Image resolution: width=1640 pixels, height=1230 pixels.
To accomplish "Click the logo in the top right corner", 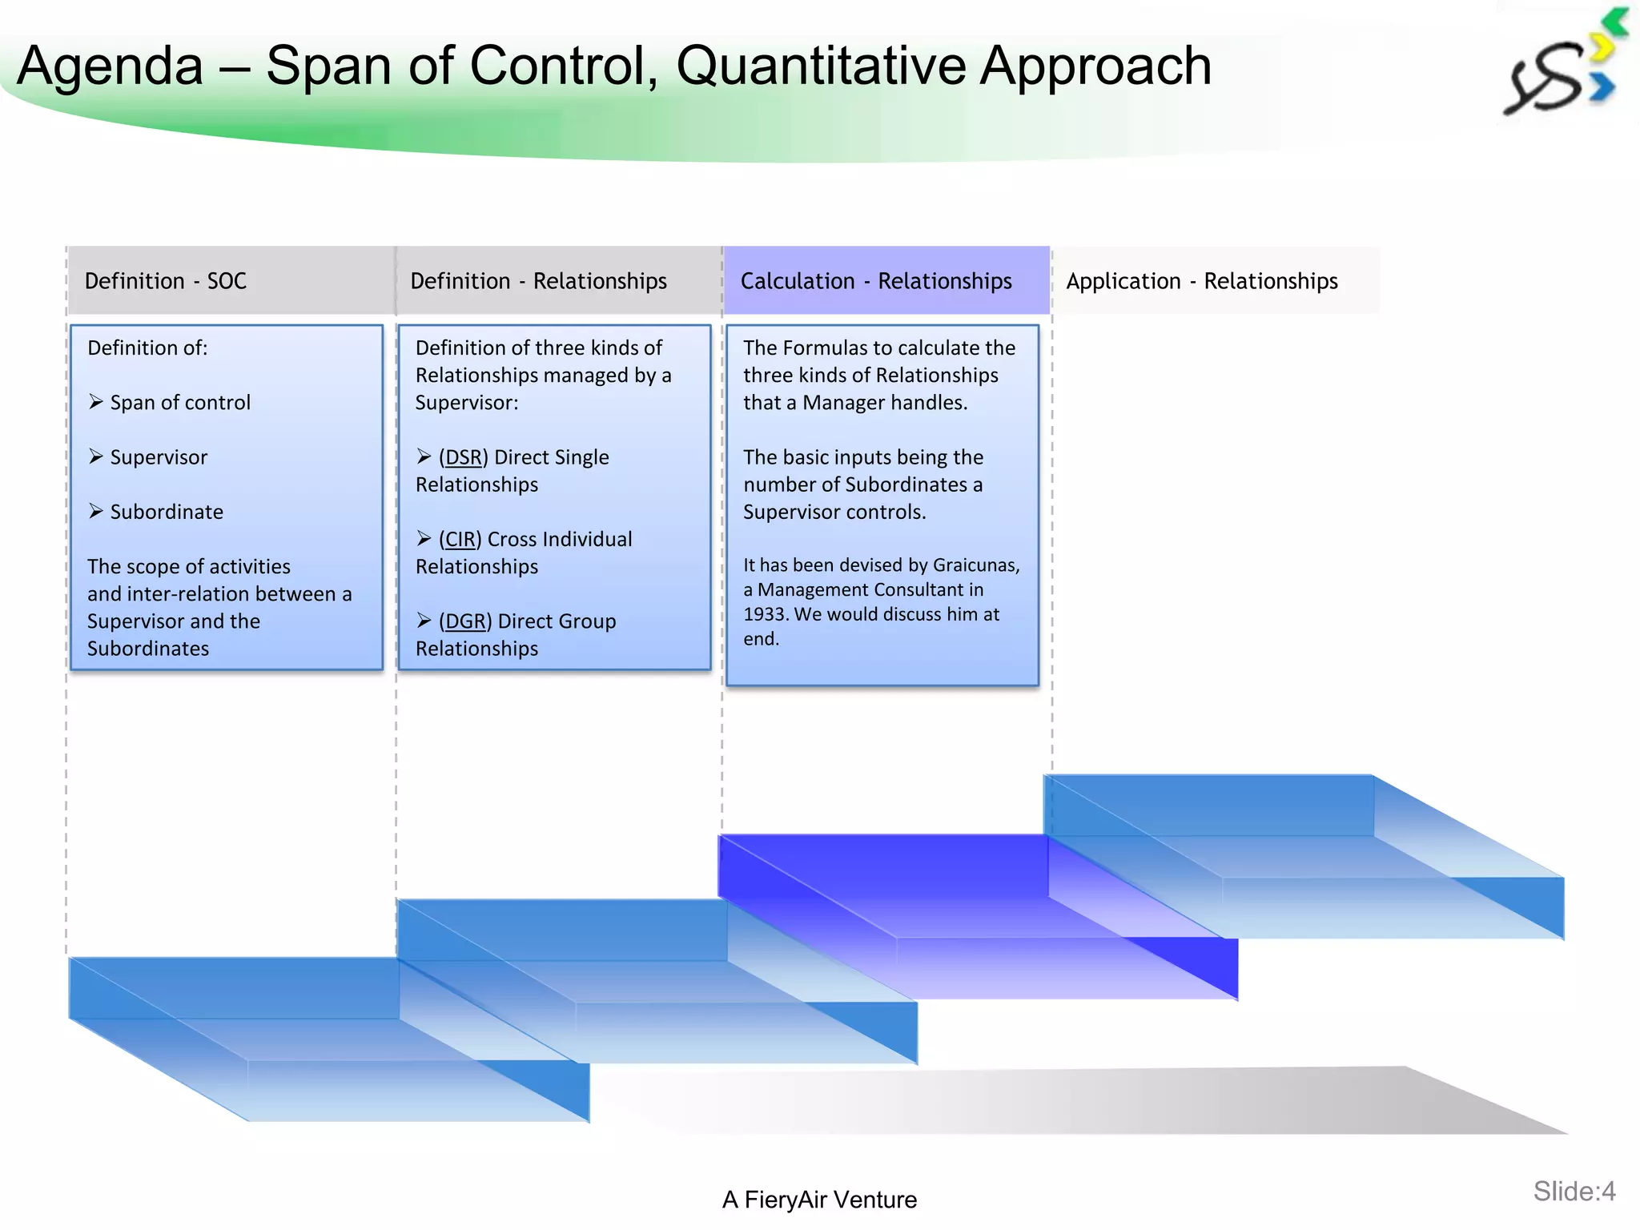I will tap(1562, 68).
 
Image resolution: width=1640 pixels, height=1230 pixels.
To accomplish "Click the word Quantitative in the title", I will tap(821, 66).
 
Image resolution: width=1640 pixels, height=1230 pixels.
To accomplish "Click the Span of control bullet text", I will tap(180, 403).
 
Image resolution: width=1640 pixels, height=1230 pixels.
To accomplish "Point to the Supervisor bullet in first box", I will tap(159, 457).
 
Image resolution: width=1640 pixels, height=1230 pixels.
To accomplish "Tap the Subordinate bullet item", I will tap(167, 512).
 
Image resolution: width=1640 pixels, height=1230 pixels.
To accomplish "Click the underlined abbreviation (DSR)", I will tap(463, 457).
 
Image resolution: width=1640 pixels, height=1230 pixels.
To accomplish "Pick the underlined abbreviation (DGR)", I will tap(464, 621).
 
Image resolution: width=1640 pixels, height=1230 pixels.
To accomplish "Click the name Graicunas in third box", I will tap(975, 565).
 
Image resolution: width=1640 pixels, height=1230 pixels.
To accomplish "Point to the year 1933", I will tap(766, 614).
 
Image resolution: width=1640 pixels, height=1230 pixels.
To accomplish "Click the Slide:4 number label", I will tap(1574, 1192).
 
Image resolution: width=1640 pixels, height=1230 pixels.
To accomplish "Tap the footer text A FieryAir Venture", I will tap(819, 1200).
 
